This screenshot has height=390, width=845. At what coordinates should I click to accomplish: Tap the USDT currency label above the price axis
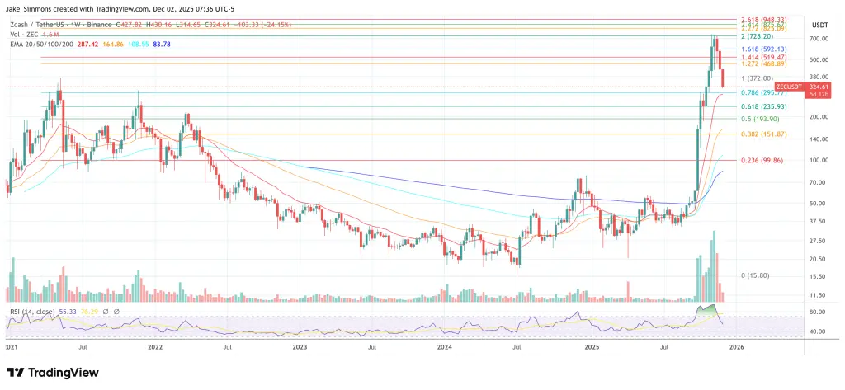820,25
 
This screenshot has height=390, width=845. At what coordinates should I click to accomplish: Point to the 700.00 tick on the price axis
819,39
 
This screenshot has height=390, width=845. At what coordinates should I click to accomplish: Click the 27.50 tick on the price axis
819,240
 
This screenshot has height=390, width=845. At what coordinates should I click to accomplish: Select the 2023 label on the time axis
299,348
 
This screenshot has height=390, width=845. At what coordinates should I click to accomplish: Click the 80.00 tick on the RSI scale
819,312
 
